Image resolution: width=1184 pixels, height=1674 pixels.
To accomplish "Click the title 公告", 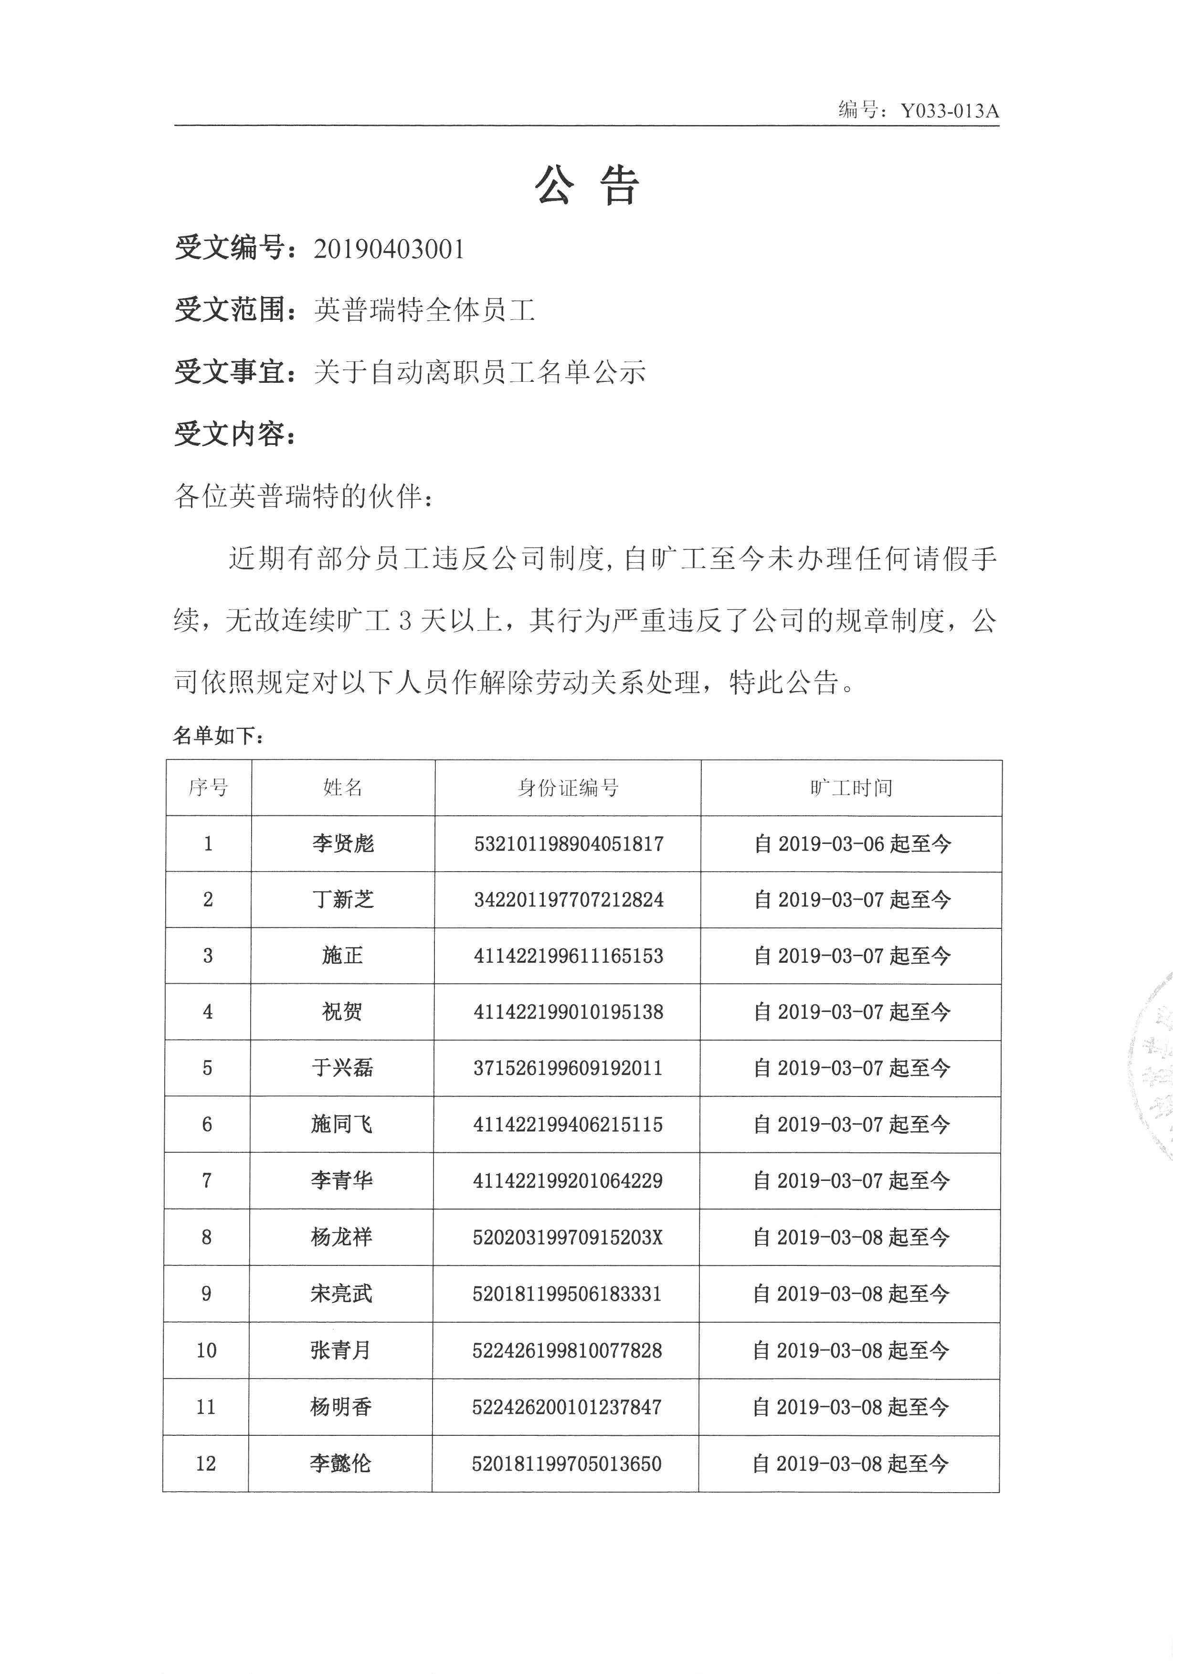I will pyautogui.click(x=588, y=185).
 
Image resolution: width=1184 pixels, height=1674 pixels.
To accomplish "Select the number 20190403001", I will pyautogui.click(x=389, y=249).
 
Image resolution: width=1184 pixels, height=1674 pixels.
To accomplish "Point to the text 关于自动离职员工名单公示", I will pyautogui.click(x=480, y=373).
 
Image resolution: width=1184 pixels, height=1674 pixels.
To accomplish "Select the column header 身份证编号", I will pyautogui.click(x=568, y=788).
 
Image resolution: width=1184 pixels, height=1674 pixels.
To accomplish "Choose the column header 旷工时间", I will pyautogui.click(x=851, y=788).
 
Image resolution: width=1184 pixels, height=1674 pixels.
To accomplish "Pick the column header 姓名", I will pyautogui.click(x=343, y=788).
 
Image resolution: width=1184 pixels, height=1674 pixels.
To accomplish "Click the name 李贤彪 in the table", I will pyautogui.click(x=343, y=843).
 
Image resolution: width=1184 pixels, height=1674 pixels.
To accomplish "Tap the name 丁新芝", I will pyautogui.click(x=343, y=900).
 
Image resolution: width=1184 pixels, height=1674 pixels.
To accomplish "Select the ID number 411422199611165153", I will pyautogui.click(x=568, y=956).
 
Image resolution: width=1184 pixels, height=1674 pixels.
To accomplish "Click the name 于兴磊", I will pyautogui.click(x=342, y=1068).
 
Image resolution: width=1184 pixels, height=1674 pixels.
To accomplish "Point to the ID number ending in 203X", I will pyautogui.click(x=567, y=1237).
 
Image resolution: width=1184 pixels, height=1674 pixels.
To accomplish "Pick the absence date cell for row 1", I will pyautogui.click(x=852, y=843).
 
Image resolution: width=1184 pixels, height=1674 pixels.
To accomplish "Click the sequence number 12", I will pyautogui.click(x=206, y=1463).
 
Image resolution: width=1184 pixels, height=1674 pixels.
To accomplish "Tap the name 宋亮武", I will pyautogui.click(x=341, y=1294).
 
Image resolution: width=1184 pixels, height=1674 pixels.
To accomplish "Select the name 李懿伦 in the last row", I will pyautogui.click(x=340, y=1463).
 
